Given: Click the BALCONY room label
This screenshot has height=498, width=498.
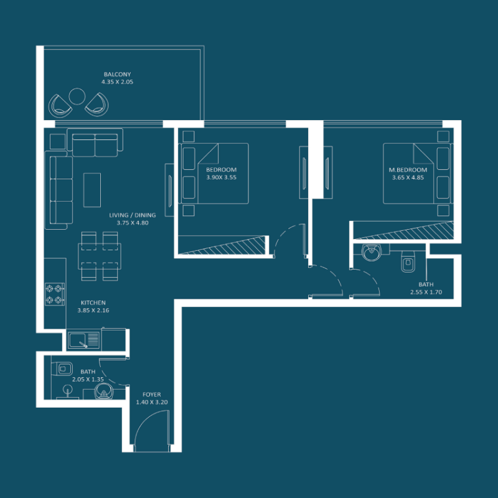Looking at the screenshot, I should pyautogui.click(x=118, y=74).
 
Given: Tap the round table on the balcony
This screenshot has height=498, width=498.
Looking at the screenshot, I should pyautogui.click(x=77, y=97).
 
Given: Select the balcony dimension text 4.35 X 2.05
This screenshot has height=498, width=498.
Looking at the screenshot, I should pyautogui.click(x=118, y=82).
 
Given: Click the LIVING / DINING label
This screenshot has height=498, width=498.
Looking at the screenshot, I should pyautogui.click(x=132, y=215).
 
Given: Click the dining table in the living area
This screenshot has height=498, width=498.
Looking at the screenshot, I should pyautogui.click(x=99, y=255).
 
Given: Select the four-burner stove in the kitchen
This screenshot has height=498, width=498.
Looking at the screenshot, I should pyautogui.click(x=55, y=294).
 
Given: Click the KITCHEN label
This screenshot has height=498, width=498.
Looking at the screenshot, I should pyautogui.click(x=93, y=303).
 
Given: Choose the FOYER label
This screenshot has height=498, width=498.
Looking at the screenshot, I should pyautogui.click(x=151, y=395).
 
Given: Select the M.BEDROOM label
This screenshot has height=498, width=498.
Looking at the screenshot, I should pyautogui.click(x=409, y=170).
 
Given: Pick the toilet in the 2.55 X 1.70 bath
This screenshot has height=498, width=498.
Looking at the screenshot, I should pyautogui.click(x=408, y=262).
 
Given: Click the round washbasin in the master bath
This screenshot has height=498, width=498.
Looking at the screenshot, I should pyautogui.click(x=371, y=253).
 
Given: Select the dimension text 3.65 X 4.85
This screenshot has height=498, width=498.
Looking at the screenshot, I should pyautogui.click(x=408, y=177).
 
